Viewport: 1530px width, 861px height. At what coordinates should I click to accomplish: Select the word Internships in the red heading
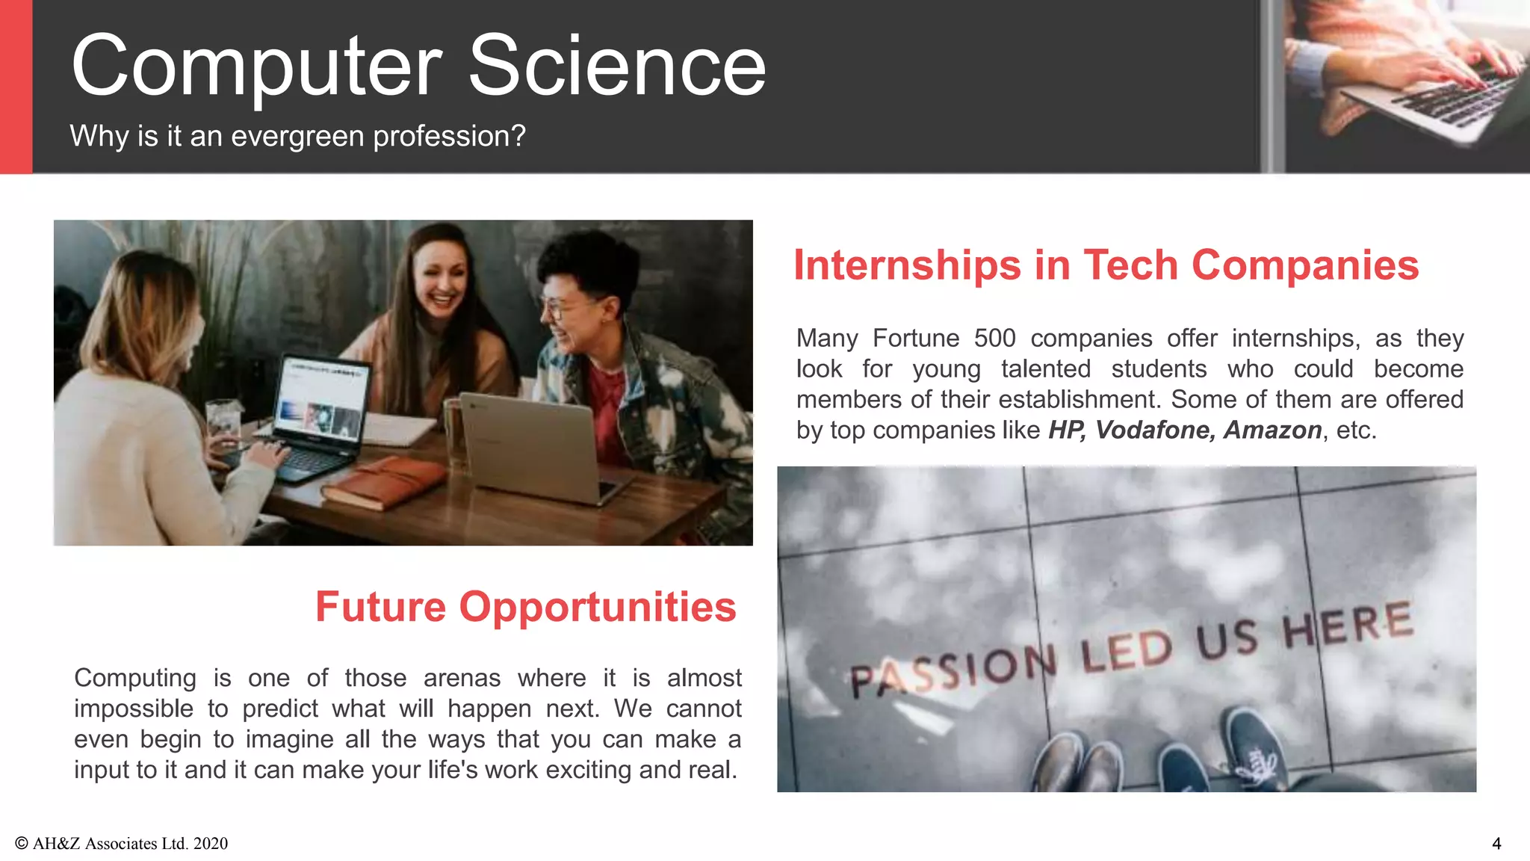pyautogui.click(x=907, y=265)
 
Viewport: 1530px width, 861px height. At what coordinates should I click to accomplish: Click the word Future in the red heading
pyautogui.click(x=380, y=606)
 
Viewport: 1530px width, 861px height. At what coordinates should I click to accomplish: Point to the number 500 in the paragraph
pyautogui.click(x=994, y=338)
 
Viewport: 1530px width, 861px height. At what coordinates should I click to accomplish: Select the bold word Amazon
pyautogui.click(x=1272, y=430)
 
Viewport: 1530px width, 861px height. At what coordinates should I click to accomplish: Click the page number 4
pyautogui.click(x=1496, y=844)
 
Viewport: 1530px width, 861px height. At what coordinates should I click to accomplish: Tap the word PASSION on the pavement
pyautogui.click(x=953, y=670)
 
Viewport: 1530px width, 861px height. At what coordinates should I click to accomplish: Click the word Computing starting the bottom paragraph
pyautogui.click(x=134, y=678)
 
